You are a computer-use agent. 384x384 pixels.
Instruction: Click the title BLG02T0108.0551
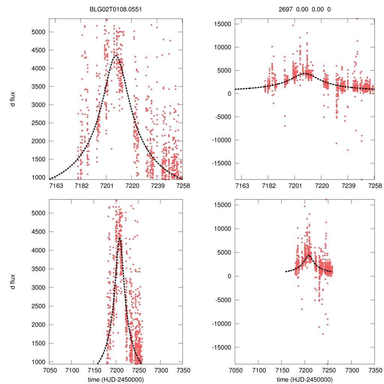tap(115, 9)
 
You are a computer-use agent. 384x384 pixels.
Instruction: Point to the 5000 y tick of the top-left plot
tap(38, 32)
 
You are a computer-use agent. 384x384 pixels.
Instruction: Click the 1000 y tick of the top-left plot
tap(38, 177)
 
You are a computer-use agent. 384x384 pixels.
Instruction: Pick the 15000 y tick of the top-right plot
tap(223, 24)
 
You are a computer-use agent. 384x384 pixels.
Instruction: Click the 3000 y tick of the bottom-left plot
tap(38, 288)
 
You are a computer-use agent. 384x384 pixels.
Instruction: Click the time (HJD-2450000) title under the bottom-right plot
tap(304, 379)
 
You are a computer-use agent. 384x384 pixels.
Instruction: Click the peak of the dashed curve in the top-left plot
tap(116, 56)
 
